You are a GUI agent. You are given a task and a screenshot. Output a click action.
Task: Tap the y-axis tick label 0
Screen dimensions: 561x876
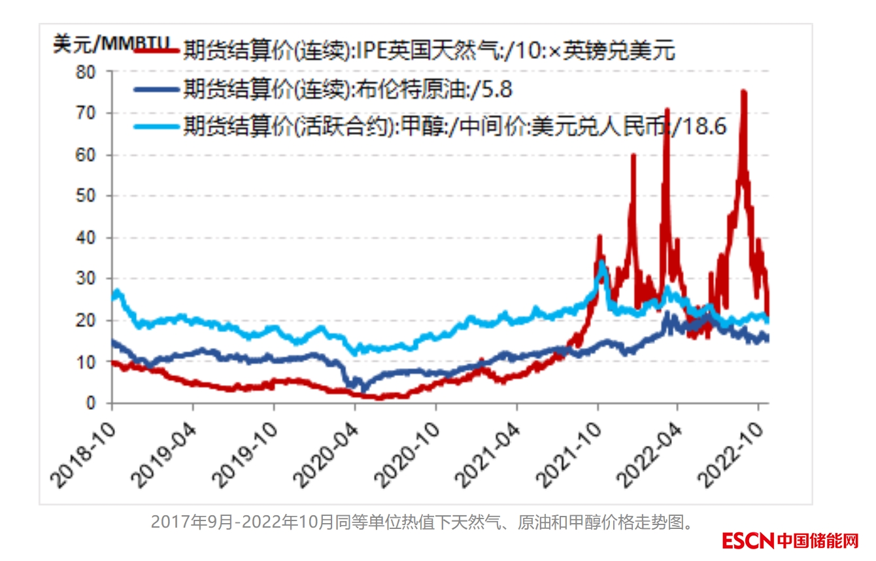point(91,403)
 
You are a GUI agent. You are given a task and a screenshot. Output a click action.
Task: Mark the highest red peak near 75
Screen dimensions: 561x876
point(743,92)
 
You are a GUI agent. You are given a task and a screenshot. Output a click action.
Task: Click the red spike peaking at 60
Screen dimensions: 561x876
point(633,156)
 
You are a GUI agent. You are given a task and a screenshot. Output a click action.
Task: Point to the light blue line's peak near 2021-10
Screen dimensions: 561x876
point(601,263)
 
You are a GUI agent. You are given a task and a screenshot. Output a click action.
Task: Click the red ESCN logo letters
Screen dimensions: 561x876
point(748,541)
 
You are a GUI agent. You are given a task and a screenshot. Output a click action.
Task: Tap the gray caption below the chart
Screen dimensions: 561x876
point(422,522)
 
